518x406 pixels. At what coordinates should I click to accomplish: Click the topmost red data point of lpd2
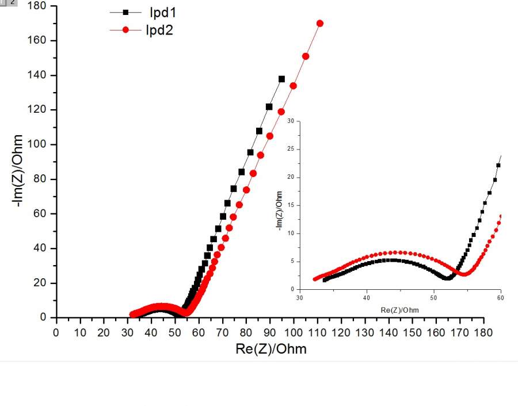[320, 24]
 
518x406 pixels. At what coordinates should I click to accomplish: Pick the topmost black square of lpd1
[282, 79]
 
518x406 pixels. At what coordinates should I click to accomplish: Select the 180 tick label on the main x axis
[483, 332]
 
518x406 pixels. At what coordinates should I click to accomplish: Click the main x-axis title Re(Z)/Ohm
[271, 349]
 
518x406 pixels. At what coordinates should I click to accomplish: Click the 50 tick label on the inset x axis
[433, 298]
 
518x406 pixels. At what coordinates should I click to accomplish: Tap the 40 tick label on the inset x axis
[367, 298]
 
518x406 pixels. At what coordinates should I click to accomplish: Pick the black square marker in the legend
[126, 12]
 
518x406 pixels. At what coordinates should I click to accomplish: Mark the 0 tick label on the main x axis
[56, 332]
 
